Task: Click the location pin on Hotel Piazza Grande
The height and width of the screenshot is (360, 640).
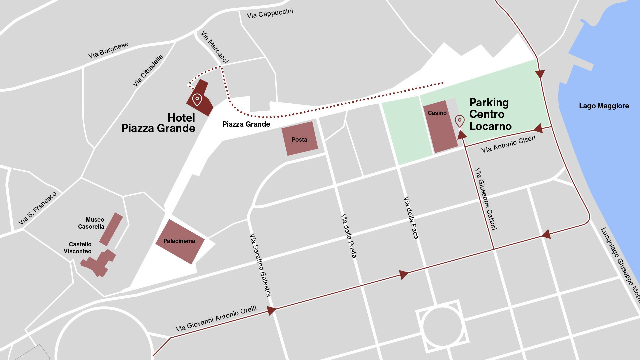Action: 197,99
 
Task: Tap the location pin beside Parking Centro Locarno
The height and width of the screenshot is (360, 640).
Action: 460,121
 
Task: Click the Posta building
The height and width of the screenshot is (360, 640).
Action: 300,139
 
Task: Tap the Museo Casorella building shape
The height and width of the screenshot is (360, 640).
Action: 111,229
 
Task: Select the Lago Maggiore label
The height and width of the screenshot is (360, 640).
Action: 604,106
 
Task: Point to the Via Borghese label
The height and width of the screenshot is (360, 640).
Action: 108,50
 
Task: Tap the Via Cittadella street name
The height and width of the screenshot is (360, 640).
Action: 148,70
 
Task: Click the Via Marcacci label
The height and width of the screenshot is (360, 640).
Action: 215,47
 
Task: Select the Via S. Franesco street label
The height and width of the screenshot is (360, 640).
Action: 37,208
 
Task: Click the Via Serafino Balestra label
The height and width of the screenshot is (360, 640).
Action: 260,265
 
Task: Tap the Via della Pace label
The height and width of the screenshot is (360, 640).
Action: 411,218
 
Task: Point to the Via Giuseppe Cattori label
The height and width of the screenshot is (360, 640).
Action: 486,199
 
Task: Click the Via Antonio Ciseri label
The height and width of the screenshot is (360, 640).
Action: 508,144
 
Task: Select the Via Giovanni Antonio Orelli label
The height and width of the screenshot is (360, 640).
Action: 216,318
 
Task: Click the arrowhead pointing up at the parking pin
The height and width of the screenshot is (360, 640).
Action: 462,135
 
